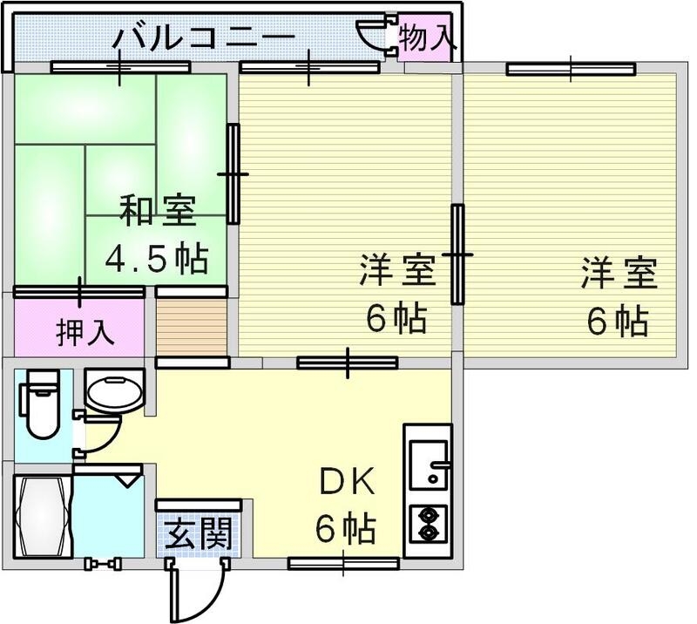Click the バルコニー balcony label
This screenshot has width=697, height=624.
pos(206,38)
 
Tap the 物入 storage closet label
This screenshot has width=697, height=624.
pos(426,38)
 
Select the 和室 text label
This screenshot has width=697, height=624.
pos(158,211)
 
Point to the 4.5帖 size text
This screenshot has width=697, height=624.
pos(157,258)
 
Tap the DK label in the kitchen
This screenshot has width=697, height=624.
pos(346,481)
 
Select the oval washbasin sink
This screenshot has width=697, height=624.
pos(114,394)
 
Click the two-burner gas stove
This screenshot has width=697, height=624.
pos(429,523)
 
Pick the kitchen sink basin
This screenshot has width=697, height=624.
pos(427,463)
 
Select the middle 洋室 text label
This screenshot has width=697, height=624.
pos(396,272)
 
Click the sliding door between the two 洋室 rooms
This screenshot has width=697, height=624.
pos(457,254)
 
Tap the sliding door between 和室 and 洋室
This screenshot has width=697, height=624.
pos(233,173)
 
